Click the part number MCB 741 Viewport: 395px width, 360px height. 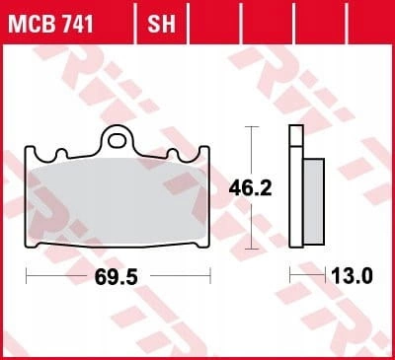[50, 24]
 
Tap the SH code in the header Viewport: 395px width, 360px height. [161, 24]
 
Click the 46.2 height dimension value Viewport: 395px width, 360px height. [250, 188]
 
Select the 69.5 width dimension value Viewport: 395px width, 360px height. [116, 276]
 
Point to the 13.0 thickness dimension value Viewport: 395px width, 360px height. [352, 275]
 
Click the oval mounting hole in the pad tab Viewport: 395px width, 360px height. [118, 141]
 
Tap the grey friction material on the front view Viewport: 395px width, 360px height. [118, 201]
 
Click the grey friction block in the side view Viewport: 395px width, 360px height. [314, 201]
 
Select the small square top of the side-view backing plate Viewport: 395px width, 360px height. [296, 135]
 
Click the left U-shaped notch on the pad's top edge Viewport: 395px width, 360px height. [61, 154]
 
